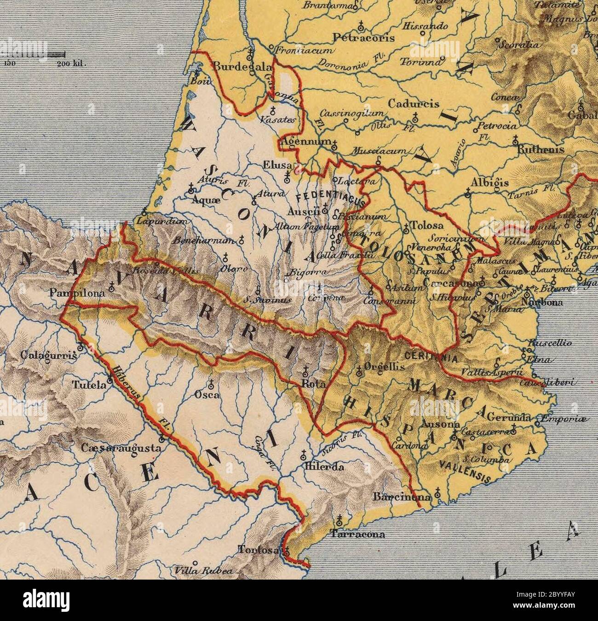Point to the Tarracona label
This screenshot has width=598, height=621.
[357, 535]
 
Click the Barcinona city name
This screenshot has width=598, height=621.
[402, 497]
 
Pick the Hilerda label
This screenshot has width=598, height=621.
[324, 466]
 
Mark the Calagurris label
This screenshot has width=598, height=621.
[48, 356]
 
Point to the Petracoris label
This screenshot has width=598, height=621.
[364, 37]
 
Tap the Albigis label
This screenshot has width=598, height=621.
[489, 183]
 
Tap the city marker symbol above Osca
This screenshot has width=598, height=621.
[211, 383]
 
